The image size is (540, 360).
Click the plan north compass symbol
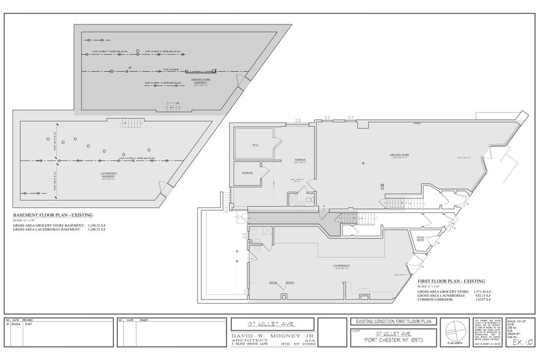click(x=454, y=332)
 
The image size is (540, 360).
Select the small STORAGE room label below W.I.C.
click(x=247, y=173)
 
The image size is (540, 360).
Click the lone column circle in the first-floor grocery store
click(x=362, y=163)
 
